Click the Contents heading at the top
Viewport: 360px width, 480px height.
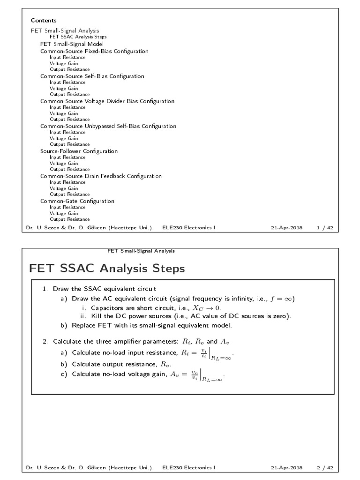click(x=44, y=21)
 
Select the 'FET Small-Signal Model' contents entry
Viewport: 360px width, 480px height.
click(x=72, y=44)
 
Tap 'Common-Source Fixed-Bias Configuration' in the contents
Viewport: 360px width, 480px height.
click(x=94, y=51)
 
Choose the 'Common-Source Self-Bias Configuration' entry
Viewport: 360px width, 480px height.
click(x=92, y=76)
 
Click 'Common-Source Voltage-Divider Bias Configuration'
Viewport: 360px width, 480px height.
click(x=107, y=101)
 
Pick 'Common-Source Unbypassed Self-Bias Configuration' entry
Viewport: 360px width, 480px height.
click(x=108, y=126)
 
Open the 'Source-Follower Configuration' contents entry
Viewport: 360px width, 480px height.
click(x=79, y=151)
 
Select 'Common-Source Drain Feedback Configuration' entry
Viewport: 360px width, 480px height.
click(x=101, y=176)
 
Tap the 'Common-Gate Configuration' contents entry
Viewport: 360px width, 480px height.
click(x=77, y=201)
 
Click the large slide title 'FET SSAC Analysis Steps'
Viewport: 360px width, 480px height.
click(x=107, y=269)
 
